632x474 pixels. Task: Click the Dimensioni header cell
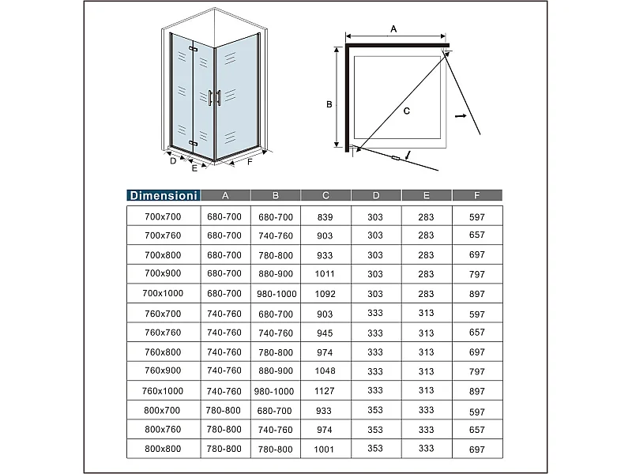click(164, 196)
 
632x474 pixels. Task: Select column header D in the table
click(375, 196)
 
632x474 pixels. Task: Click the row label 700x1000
click(163, 293)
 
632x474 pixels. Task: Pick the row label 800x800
click(163, 449)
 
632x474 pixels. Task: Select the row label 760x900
click(163, 371)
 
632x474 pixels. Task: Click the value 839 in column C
click(325, 216)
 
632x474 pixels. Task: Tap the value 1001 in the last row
click(325, 450)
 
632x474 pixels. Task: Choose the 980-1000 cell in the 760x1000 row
click(274, 391)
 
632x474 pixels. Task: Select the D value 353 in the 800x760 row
click(375, 430)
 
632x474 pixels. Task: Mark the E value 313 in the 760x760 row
click(426, 333)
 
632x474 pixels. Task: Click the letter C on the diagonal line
click(406, 111)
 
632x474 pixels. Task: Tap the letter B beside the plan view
click(329, 103)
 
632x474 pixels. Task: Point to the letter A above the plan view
click(393, 29)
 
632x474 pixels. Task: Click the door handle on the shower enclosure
click(210, 97)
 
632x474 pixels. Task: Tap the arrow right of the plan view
click(461, 117)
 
